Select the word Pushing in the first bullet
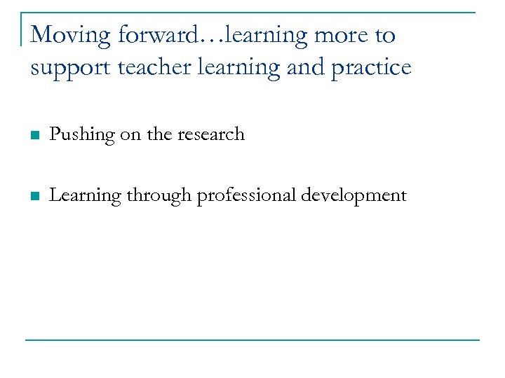point(82,134)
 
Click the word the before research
point(159,134)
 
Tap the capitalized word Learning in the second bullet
point(86,195)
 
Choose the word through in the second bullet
point(159,195)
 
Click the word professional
point(246,195)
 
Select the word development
point(354,195)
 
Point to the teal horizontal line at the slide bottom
point(252,340)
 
